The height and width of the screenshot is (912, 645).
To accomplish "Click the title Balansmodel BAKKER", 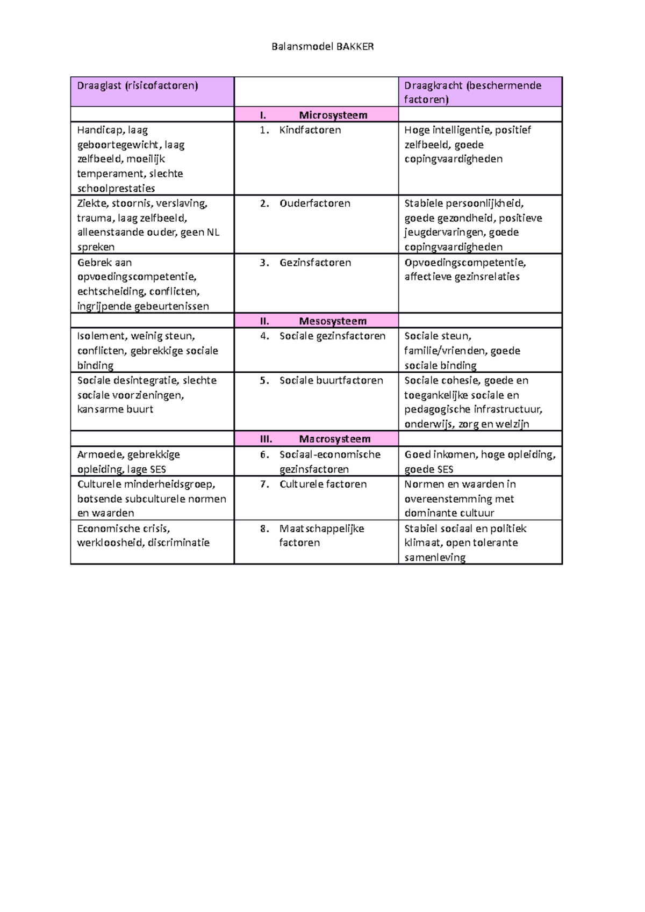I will pos(322,47).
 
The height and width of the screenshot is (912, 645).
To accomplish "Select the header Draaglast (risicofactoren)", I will pos(138,85).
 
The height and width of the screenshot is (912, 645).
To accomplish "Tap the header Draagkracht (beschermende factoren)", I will pos(472,92).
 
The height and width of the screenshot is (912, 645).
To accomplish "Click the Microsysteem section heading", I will pos(333,115).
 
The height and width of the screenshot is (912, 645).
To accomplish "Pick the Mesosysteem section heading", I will pos(332,321).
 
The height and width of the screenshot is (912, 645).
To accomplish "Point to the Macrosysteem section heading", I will pos(334,439).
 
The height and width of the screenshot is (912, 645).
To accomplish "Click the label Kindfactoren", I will pos(310,130).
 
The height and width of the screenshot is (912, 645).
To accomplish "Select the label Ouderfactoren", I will pos(314,204).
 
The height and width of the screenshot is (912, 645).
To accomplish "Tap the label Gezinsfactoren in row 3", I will pos(315,263).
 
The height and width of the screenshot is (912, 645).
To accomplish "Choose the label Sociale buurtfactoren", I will pos(331,380).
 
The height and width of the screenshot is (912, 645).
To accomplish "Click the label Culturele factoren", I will pos(323,484).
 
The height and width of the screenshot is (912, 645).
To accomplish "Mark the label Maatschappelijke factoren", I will pos(321,535).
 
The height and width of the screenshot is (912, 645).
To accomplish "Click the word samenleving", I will pos(435,558).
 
